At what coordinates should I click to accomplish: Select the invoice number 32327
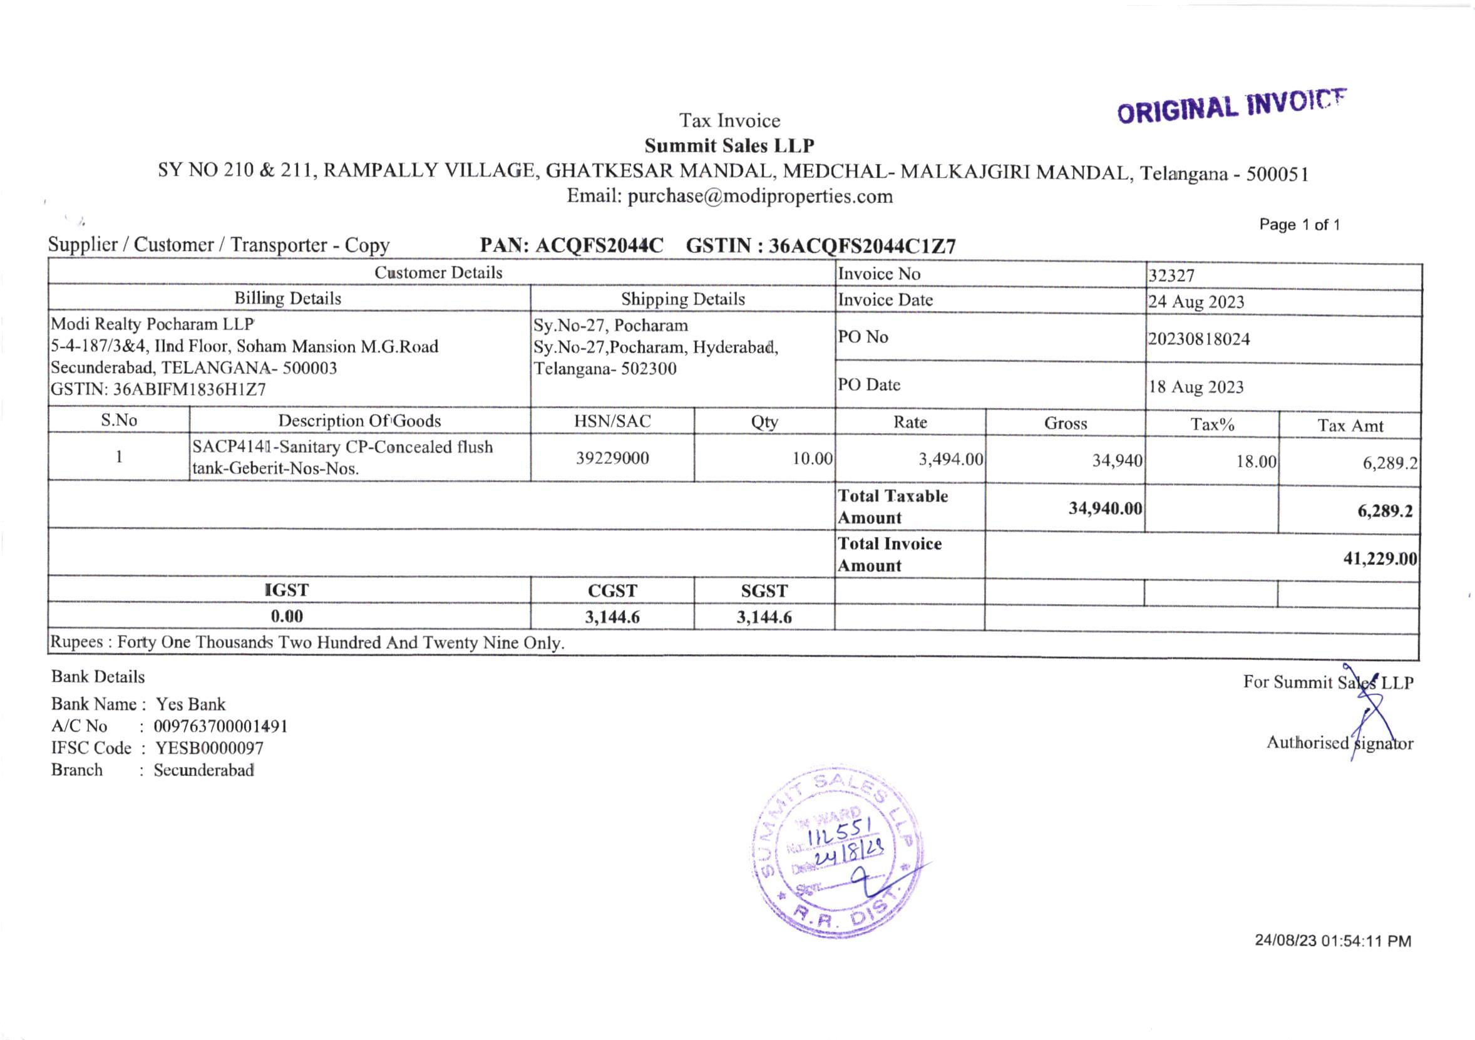click(x=1171, y=275)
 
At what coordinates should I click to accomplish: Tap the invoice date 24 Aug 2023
click(x=1196, y=302)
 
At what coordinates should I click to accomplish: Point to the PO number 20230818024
click(x=1199, y=339)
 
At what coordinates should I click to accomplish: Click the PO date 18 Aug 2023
click(x=1196, y=388)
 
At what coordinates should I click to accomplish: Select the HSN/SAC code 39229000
click(x=612, y=458)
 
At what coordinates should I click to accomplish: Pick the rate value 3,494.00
click(x=950, y=459)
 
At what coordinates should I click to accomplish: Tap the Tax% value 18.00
click(x=1256, y=462)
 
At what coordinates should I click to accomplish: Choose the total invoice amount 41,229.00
click(x=1379, y=559)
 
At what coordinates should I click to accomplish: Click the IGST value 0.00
click(x=287, y=616)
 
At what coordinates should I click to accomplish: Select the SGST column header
click(x=764, y=590)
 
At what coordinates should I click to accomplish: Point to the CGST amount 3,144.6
click(x=612, y=617)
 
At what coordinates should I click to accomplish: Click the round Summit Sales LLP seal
click(x=836, y=852)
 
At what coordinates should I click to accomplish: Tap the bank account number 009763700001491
click(x=220, y=726)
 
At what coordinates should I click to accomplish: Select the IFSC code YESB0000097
click(x=210, y=748)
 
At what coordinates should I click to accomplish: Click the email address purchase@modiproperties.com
click(x=760, y=196)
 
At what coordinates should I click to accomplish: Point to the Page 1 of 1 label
click(x=1299, y=225)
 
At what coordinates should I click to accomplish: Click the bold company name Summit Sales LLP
click(x=729, y=146)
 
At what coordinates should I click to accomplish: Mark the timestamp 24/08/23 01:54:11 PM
click(x=1332, y=941)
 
